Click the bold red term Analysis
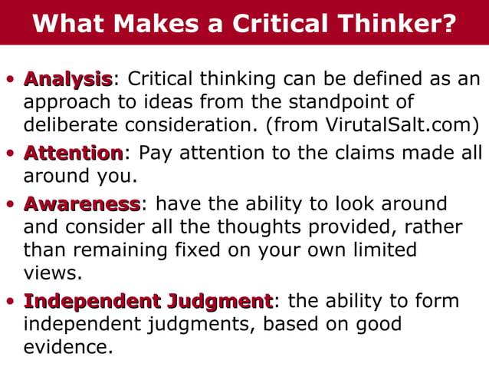tap(68, 78)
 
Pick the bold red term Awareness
tap(81, 203)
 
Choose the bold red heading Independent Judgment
tap(148, 300)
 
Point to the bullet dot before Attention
tap(10, 154)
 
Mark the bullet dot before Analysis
tap(10, 79)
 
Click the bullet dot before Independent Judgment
tap(10, 301)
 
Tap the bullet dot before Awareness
tap(10, 204)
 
